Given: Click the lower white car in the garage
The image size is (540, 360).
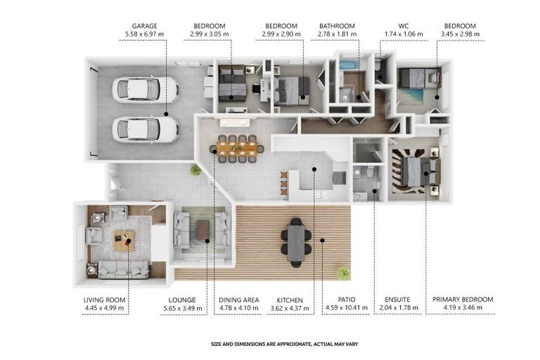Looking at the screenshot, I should [145, 129].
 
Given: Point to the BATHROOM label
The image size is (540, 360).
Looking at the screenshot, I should [337, 26].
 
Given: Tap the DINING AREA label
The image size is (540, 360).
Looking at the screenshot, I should [239, 300].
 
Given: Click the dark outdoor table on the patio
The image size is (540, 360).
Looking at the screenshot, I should [296, 243].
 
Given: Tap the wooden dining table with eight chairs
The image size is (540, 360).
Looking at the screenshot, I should [238, 148].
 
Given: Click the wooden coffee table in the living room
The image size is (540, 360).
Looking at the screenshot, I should [124, 240].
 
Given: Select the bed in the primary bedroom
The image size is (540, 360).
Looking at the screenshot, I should [420, 171].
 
